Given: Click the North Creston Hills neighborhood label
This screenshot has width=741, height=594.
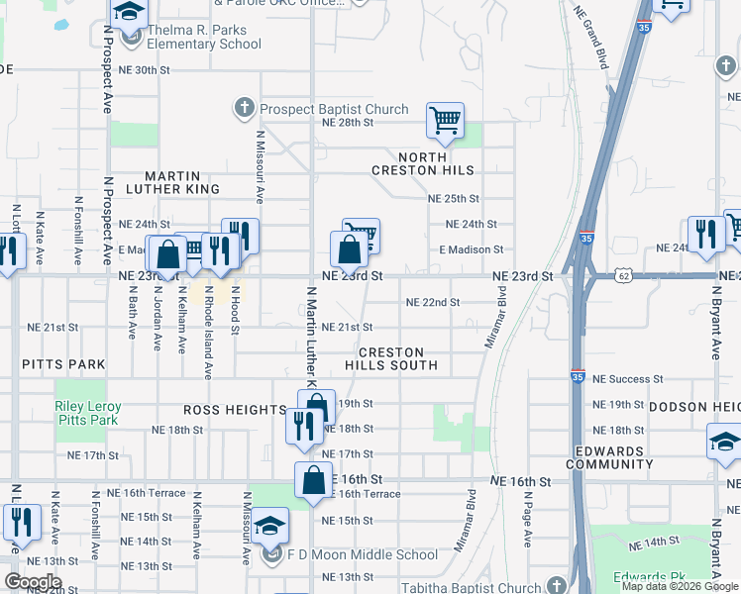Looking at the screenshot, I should pyautogui.click(x=438, y=163).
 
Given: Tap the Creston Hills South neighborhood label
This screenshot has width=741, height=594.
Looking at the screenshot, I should pyautogui.click(x=391, y=358).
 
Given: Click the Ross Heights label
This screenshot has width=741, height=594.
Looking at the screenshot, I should pyautogui.click(x=235, y=410).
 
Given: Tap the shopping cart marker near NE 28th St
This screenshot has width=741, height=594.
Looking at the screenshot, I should pyautogui.click(x=445, y=121).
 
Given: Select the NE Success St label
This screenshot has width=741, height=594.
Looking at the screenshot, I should pyautogui.click(x=628, y=379).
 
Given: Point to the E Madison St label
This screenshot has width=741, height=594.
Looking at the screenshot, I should pyautogui.click(x=472, y=249).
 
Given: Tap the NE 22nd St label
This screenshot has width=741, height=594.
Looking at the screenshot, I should pyautogui.click(x=434, y=302).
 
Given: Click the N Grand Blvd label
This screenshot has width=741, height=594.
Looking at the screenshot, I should pyautogui.click(x=589, y=35).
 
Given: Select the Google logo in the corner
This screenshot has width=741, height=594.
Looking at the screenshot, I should pyautogui.click(x=33, y=582).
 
